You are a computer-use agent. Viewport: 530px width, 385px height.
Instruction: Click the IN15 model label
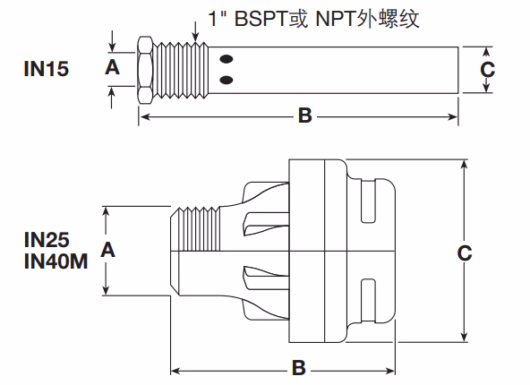[x=46, y=67]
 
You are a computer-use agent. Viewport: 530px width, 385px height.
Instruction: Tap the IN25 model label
[x=46, y=240]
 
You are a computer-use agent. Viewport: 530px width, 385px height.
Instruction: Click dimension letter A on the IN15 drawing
[x=112, y=67]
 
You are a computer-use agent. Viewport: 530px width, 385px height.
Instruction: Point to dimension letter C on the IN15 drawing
[x=486, y=68]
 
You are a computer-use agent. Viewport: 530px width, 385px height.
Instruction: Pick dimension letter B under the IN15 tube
[x=303, y=115]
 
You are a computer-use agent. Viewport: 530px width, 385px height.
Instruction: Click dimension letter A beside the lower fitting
[x=108, y=250]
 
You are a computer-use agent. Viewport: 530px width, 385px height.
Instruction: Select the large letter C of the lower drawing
[x=465, y=253]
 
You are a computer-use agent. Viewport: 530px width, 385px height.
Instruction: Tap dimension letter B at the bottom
[x=299, y=367]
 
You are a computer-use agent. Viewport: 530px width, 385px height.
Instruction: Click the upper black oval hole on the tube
[x=227, y=60]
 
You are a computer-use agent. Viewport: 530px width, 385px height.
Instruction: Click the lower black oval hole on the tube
[x=227, y=81]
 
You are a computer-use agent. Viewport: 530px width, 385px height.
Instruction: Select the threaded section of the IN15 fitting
[x=184, y=69]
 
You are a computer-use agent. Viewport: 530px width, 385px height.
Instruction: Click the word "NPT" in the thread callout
[x=330, y=17]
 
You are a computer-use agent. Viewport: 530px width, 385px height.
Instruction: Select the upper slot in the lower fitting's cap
[x=366, y=209]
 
